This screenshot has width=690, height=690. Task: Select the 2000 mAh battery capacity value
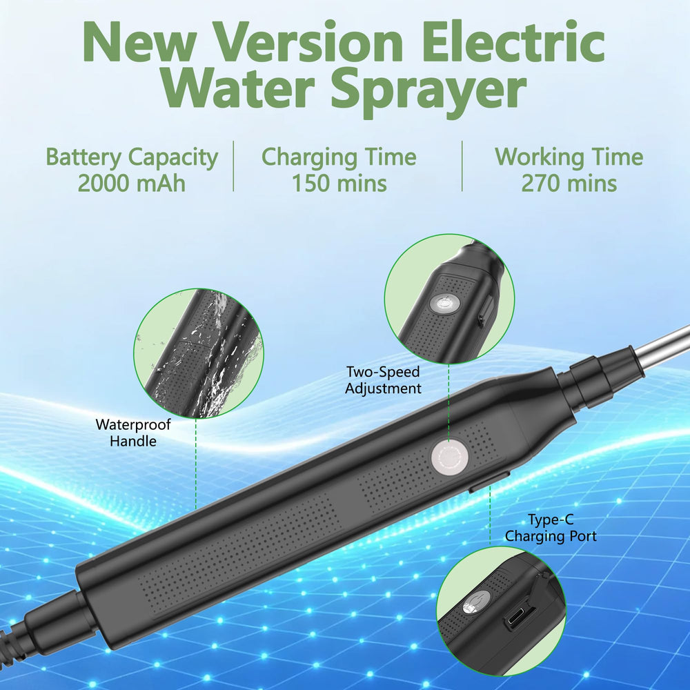132,184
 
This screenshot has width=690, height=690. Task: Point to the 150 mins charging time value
339,184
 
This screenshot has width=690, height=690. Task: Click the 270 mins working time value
569,184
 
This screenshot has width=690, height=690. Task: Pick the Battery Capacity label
132,158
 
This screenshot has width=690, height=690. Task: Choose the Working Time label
569,157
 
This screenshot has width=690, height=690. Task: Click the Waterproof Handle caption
133,433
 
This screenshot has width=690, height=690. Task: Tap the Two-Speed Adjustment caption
383,380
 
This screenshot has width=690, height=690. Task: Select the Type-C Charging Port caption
551,528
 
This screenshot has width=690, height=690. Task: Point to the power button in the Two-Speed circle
443,304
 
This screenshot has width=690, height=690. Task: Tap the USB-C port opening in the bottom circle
520,616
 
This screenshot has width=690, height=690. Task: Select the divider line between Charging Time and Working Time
462,166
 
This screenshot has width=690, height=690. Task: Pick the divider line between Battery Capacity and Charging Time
233,166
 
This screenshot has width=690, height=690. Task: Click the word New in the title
139,43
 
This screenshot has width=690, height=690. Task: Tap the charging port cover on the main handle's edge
489,480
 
